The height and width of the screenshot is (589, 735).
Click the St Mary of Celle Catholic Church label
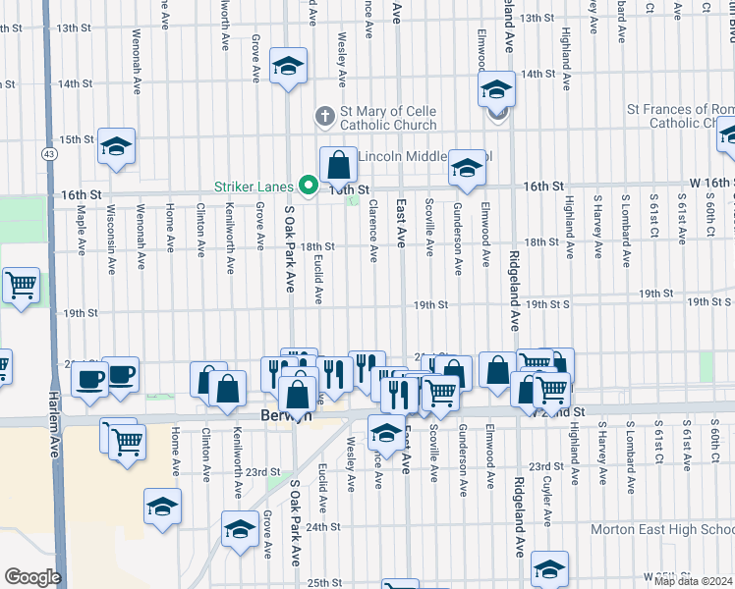pyautogui.click(x=388, y=119)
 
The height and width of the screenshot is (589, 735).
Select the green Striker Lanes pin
pyautogui.click(x=308, y=185)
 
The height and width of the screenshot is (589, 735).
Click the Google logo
pyautogui.click(x=32, y=577)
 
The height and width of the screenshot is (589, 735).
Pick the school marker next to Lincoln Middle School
pyautogui.click(x=467, y=167)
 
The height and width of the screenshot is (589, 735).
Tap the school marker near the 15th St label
pyautogui.click(x=117, y=146)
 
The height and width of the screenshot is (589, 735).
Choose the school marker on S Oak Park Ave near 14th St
pyautogui.click(x=287, y=66)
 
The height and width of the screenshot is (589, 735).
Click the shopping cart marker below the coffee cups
pyautogui.click(x=128, y=442)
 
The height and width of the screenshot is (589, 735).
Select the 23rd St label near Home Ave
pyautogui.click(x=262, y=472)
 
